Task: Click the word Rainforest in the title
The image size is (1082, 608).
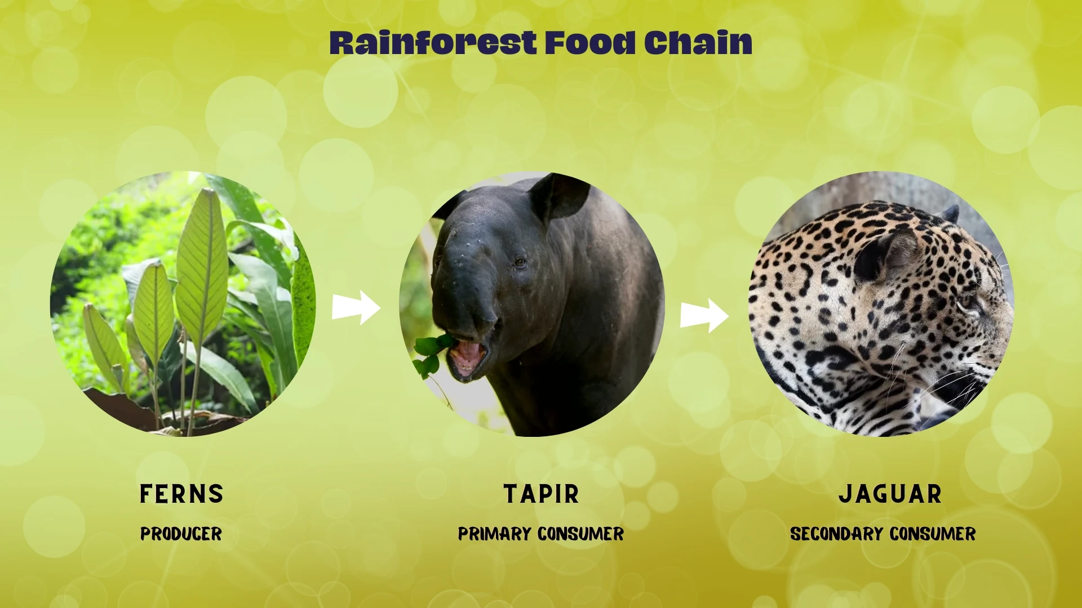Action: click(x=433, y=43)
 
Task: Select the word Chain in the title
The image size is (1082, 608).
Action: click(x=698, y=43)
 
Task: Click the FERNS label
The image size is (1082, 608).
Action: click(x=181, y=494)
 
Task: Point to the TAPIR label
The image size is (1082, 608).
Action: click(x=541, y=494)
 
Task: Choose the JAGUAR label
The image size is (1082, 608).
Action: click(x=890, y=494)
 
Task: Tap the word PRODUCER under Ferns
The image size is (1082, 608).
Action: click(x=181, y=534)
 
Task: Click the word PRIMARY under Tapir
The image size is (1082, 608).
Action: click(x=494, y=534)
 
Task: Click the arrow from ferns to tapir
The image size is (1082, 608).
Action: click(x=356, y=307)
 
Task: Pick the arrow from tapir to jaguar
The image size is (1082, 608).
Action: click(x=704, y=315)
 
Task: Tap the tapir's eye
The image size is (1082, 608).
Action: click(x=520, y=263)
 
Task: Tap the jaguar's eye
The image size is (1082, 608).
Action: click(x=968, y=300)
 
